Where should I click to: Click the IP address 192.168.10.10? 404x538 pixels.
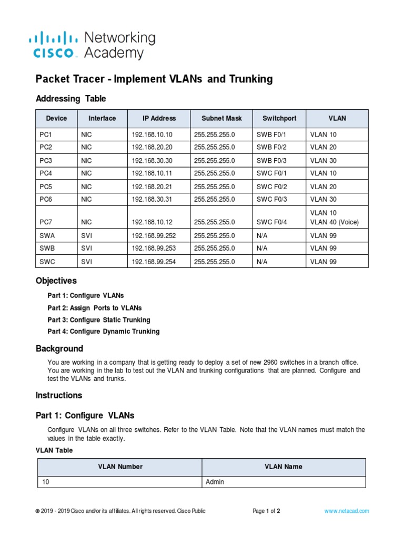(152, 134)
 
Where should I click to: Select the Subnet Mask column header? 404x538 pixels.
(221, 118)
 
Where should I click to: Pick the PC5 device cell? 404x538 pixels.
(46, 187)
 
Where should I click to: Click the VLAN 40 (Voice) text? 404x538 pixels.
(334, 222)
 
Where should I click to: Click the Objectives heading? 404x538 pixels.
(56, 281)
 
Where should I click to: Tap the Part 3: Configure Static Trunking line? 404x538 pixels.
(98, 320)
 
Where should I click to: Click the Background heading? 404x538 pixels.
(59, 348)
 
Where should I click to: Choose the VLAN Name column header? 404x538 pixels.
(284, 467)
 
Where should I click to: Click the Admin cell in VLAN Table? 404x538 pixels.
(215, 482)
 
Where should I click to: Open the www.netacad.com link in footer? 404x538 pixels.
(346, 511)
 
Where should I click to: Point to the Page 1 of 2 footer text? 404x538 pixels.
(266, 511)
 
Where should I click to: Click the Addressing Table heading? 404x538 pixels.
(70, 98)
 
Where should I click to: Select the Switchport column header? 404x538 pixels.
(279, 118)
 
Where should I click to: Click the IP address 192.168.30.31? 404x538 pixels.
(152, 200)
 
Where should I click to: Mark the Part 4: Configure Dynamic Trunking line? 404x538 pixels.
(103, 332)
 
